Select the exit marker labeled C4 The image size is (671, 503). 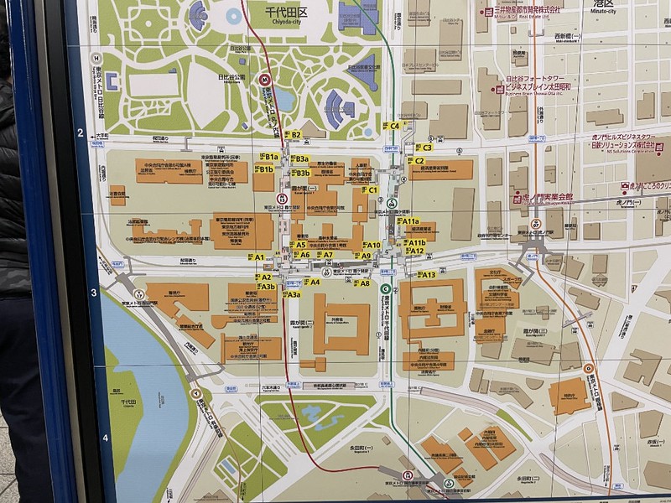[393, 126]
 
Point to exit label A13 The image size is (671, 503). [424, 275]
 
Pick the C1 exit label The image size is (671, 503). [370, 190]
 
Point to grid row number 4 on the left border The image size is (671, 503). [105, 437]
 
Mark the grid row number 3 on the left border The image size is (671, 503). [93, 293]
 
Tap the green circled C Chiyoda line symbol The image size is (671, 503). [385, 288]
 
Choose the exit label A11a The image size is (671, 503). [408, 220]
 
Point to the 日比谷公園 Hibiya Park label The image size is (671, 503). [226, 77]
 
